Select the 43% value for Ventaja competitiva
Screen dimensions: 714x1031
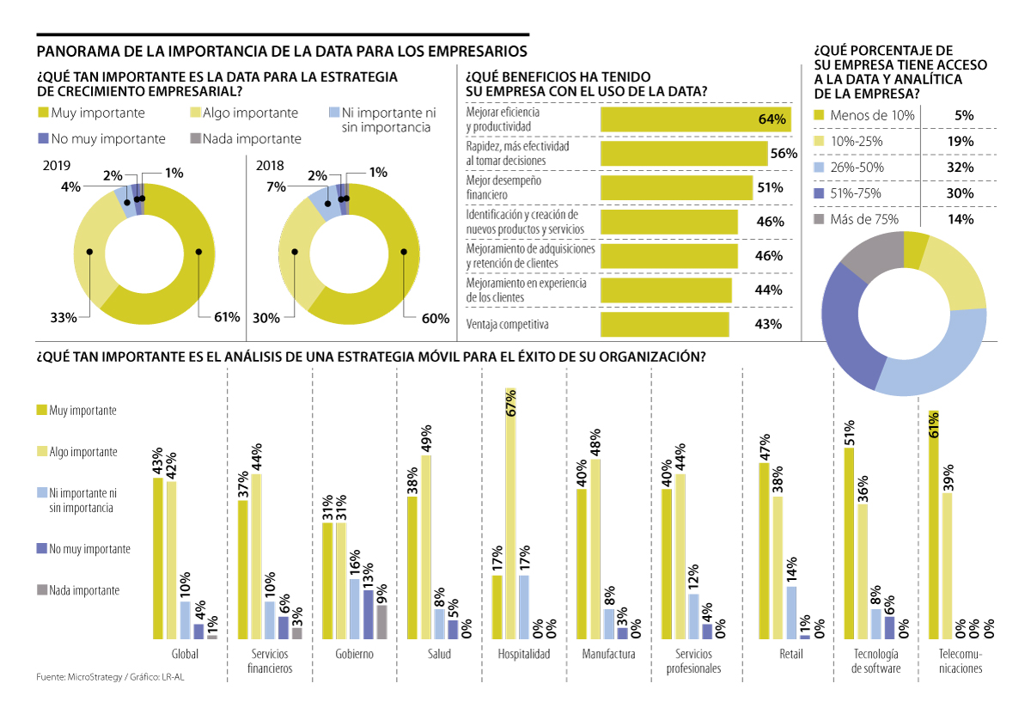click(x=769, y=324)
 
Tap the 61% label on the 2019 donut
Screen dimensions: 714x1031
click(x=226, y=317)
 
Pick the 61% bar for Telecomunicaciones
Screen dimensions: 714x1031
click(x=933, y=524)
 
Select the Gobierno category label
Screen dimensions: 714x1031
click(x=354, y=654)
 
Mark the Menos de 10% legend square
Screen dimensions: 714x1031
click(x=819, y=116)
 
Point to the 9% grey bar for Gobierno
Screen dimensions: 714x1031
click(x=382, y=621)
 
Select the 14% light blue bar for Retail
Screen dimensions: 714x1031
click(x=791, y=612)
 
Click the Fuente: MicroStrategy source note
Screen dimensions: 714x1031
click(x=79, y=678)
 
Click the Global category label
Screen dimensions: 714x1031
click(x=185, y=654)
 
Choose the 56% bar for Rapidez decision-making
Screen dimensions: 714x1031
click(x=683, y=154)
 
